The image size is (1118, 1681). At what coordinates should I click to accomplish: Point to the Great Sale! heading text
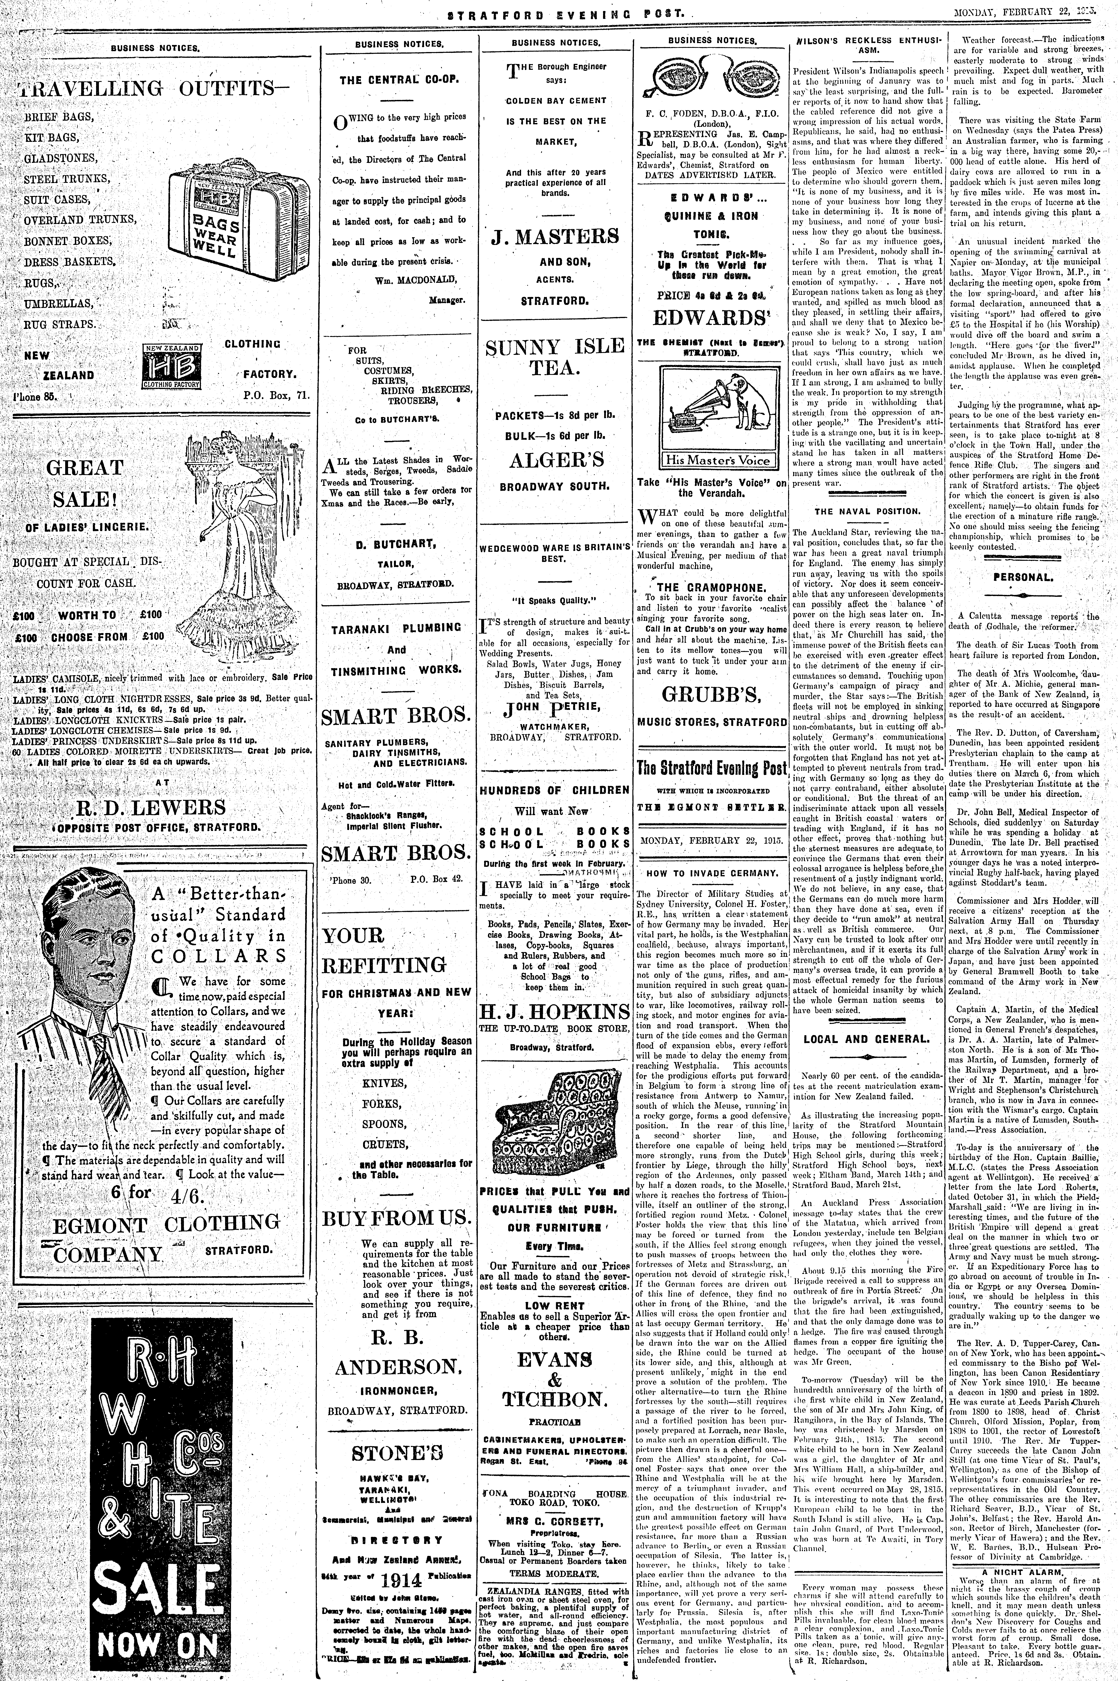85,483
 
